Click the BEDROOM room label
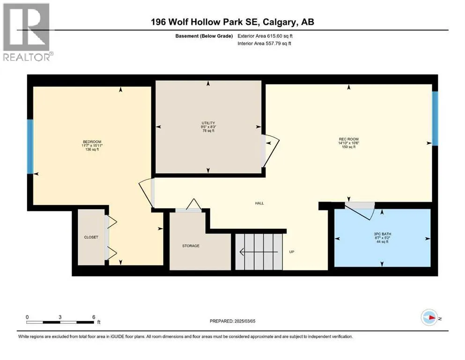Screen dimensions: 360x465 click(92, 142)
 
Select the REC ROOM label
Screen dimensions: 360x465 click(349, 139)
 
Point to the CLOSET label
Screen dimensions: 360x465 click(91, 237)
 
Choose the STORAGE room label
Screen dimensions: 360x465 click(191, 246)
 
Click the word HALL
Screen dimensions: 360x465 click(259, 203)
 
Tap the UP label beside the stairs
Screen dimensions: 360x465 click(291, 252)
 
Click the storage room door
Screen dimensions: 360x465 click(186, 206)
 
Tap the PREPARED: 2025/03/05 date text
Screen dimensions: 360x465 click(232, 321)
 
